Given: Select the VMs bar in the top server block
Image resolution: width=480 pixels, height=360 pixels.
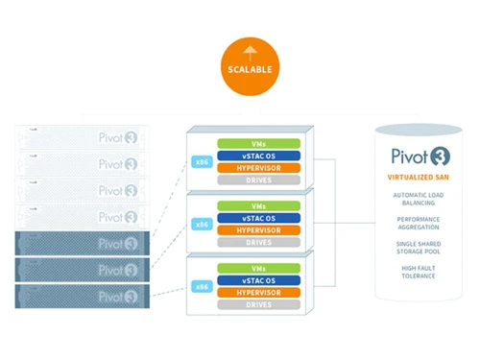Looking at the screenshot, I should tap(258, 143).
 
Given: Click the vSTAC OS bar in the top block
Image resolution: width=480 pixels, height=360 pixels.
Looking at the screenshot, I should tap(258, 156).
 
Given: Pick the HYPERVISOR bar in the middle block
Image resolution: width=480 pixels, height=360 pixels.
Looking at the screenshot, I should tap(258, 228).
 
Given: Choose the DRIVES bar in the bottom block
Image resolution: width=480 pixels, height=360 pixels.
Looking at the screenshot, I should tap(258, 304).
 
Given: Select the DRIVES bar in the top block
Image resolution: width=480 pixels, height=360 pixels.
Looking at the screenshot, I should tap(258, 180).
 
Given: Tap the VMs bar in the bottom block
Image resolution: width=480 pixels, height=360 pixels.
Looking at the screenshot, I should tap(258, 268).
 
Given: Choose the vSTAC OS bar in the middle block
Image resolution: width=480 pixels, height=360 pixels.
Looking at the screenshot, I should tap(258, 217).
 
